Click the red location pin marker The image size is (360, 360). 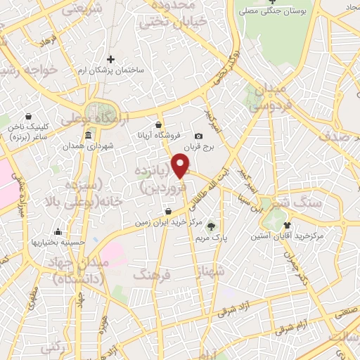pos(181,165)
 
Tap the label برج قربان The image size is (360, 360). pos(198,147)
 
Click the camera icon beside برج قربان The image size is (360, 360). pos(198,136)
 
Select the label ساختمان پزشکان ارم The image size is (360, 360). pos(108,72)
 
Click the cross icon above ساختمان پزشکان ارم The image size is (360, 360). pos(109,60)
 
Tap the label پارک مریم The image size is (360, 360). pos(212,238)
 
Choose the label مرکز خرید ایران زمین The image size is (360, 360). pos(169,222)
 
